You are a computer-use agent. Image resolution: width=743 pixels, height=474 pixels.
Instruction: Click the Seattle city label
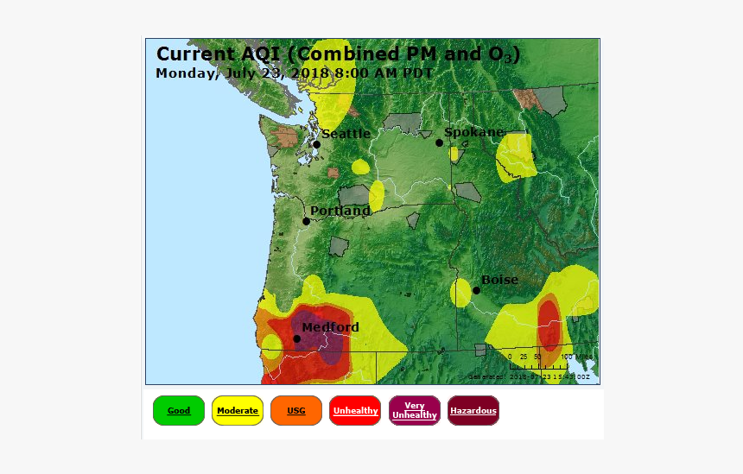[x=346, y=134]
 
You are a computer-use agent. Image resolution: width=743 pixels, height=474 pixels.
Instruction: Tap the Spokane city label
[x=473, y=132]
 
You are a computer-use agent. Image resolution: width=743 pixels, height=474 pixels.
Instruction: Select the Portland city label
[x=340, y=211]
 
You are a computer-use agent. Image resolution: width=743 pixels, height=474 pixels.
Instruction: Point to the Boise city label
[x=499, y=280]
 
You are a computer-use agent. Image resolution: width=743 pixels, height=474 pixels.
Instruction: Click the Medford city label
[x=330, y=327]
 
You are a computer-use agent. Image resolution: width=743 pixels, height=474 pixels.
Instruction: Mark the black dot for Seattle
[x=316, y=144]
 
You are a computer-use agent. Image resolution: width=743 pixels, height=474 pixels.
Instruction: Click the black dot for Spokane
[x=439, y=142]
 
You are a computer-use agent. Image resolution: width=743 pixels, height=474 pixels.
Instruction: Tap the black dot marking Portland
[x=306, y=221]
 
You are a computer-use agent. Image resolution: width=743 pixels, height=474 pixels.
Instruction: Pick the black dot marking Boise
[x=476, y=290]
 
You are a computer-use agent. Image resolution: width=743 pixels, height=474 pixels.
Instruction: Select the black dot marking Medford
[x=296, y=338]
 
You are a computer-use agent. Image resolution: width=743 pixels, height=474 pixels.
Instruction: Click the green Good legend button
[x=179, y=411]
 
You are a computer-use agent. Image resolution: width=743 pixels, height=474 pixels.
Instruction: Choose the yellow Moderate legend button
[x=238, y=411]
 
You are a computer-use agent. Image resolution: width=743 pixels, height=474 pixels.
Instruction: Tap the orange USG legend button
[x=296, y=411]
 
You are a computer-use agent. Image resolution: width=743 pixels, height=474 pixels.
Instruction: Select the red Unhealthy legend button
[x=355, y=411]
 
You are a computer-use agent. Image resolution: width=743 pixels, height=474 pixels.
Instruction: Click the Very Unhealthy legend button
[x=414, y=411]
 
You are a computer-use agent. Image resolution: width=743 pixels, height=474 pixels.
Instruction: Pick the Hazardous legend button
[x=473, y=411]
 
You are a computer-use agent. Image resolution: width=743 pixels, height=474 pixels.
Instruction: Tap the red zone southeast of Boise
[x=549, y=325]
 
